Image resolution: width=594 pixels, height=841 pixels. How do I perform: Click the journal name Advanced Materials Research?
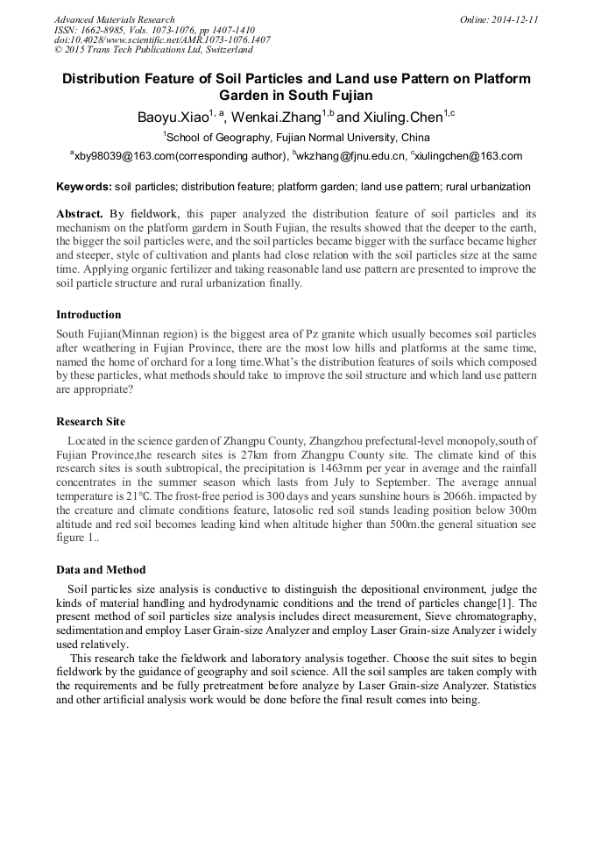114,19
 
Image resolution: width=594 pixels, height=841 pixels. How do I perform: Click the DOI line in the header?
162,39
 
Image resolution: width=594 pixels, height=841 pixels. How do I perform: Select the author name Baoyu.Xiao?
172,117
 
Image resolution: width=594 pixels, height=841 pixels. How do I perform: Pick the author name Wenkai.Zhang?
274,117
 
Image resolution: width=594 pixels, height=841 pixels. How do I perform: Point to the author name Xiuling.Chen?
402,117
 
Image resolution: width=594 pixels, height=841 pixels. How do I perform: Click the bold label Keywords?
84,187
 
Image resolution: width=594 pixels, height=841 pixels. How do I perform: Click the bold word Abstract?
80,213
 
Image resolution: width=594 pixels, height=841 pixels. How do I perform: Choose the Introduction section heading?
88,314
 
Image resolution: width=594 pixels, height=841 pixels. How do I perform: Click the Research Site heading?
90,421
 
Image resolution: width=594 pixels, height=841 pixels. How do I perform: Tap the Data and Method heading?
101,569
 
